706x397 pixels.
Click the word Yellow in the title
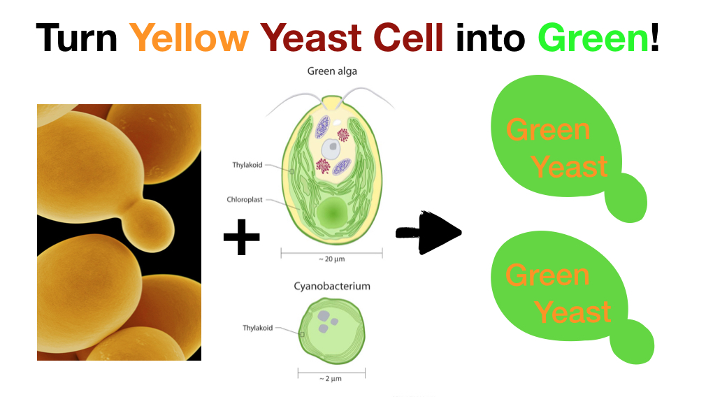[189, 37]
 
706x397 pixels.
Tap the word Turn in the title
[77, 37]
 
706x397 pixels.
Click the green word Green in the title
[593, 37]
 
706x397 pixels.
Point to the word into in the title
[490, 37]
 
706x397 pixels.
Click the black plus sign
[242, 237]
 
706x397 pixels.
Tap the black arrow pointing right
[428, 233]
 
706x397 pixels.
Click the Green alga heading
[332, 71]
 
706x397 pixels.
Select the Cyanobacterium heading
[332, 287]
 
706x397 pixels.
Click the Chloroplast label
[245, 199]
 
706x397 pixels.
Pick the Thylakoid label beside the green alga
[247, 165]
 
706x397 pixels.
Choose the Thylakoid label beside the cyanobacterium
[257, 328]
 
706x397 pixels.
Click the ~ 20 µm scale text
[332, 259]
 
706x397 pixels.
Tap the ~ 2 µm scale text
[331, 379]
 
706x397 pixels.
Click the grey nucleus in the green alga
[331, 149]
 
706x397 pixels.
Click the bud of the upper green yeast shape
[626, 198]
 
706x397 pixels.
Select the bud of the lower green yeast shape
[632, 342]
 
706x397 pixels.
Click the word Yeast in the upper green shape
[570, 166]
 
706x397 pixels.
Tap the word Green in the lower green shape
[547, 275]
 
